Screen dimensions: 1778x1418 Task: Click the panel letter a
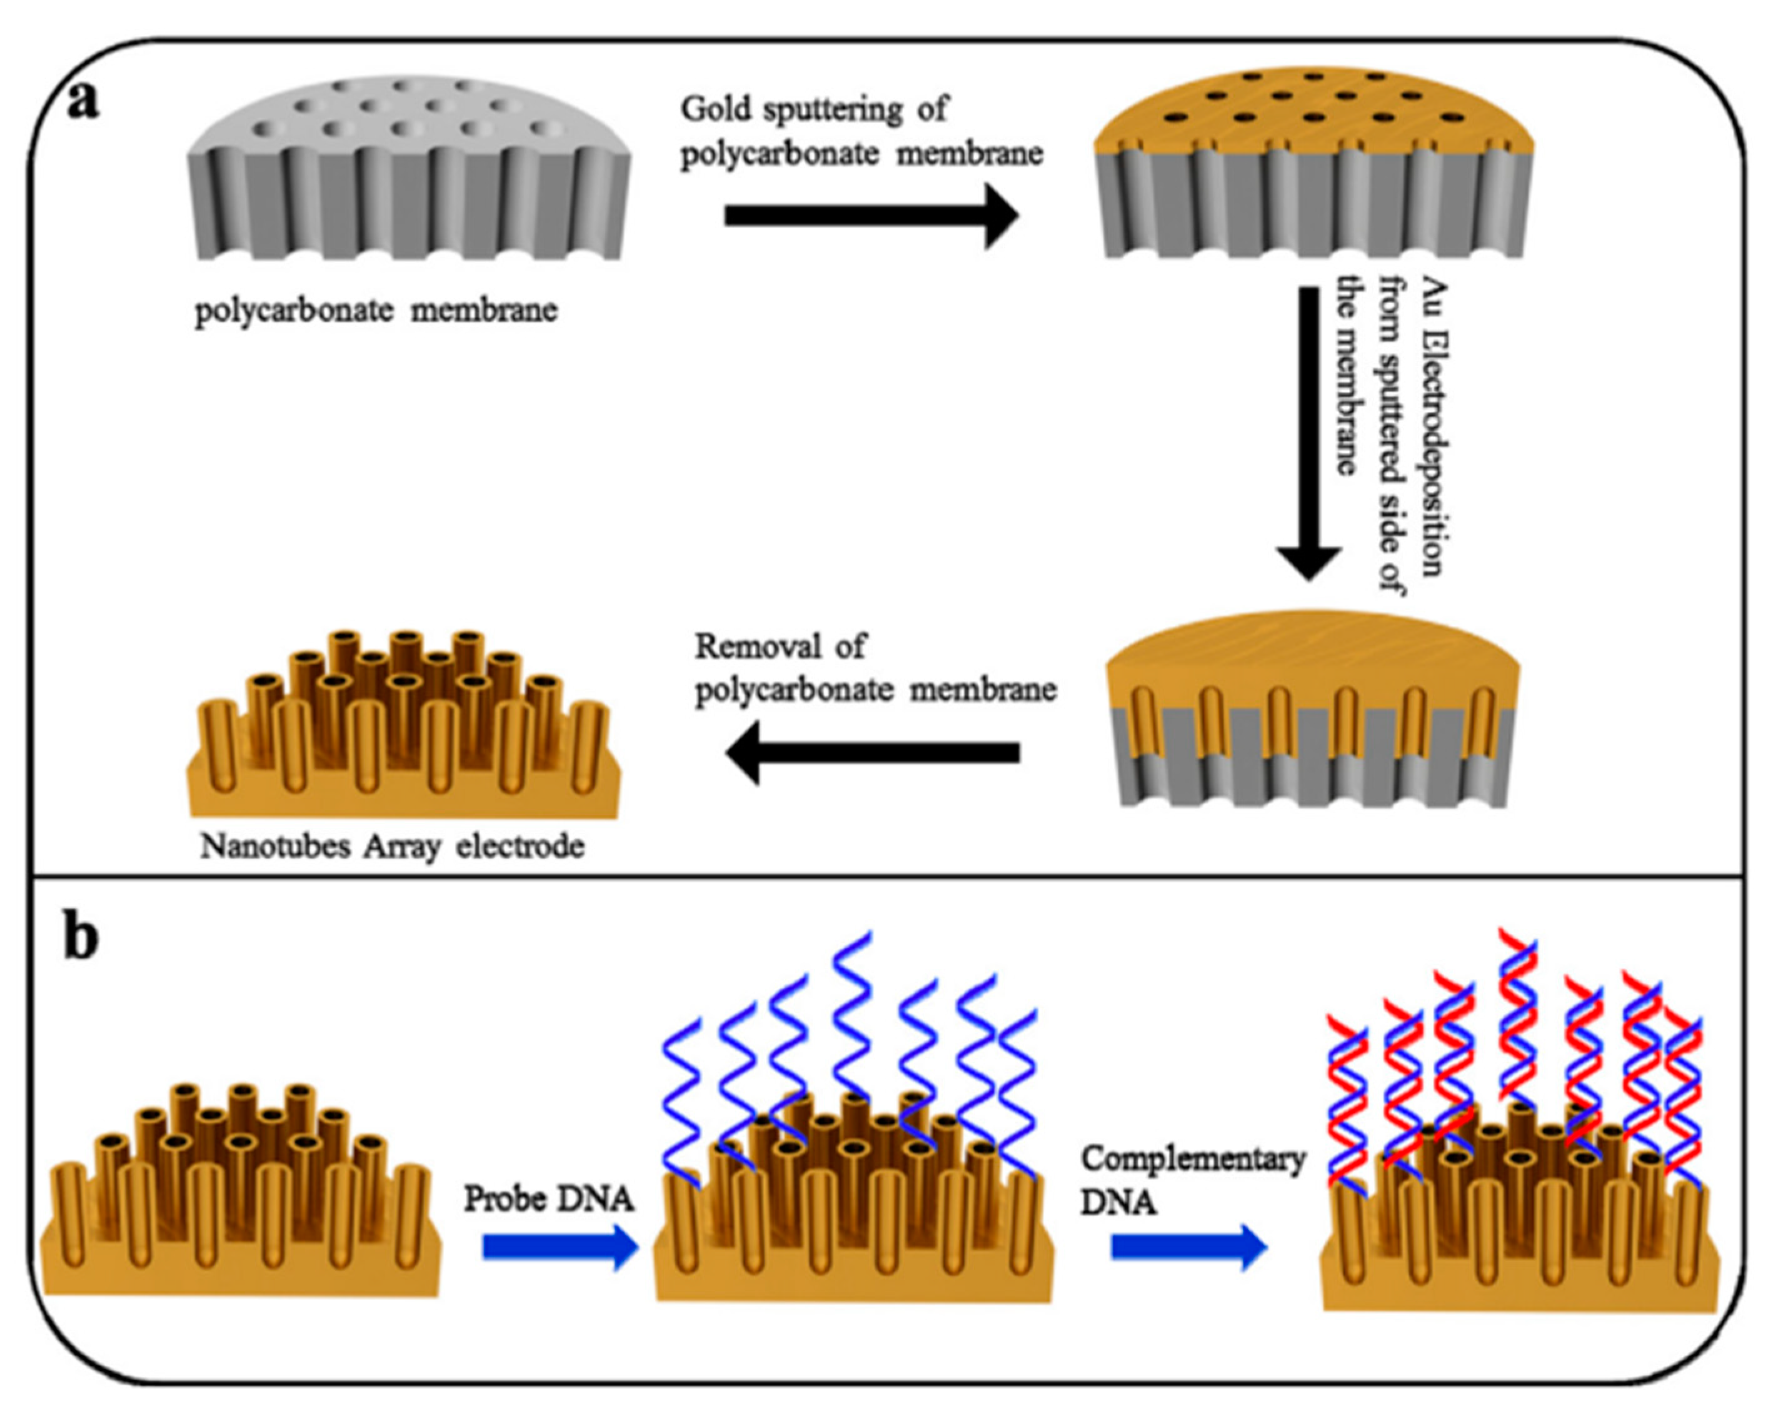83,103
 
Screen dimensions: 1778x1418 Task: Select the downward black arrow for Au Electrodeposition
1308,434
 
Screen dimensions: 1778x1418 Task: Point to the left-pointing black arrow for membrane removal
873,752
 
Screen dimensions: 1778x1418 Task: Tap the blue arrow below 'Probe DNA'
561,1247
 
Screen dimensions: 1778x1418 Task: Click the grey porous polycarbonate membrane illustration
409,168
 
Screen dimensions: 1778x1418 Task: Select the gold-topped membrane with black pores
1313,163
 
